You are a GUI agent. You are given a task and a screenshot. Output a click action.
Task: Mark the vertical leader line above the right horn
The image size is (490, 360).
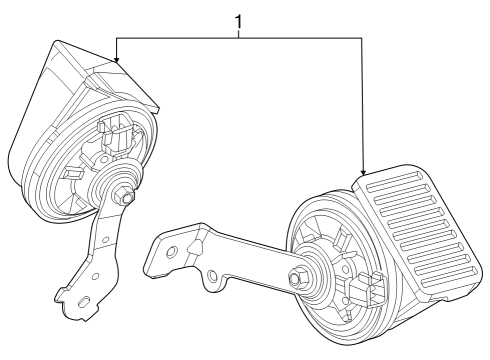tap(362, 100)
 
